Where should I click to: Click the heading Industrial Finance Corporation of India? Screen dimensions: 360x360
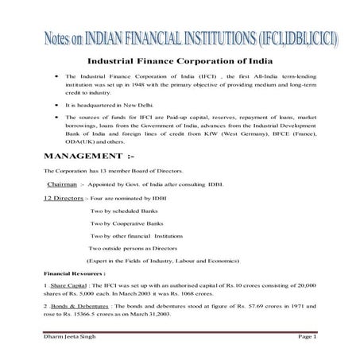click(180, 60)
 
